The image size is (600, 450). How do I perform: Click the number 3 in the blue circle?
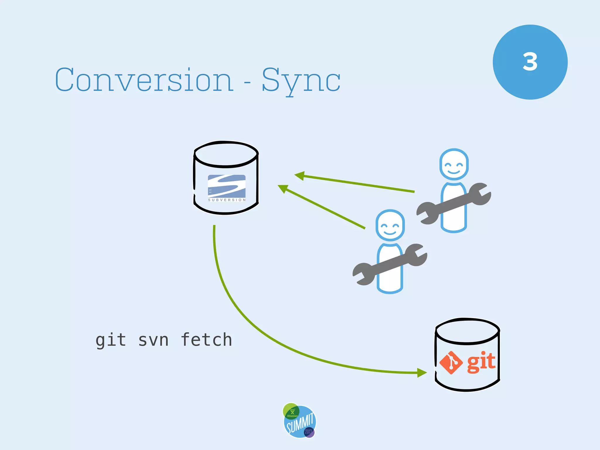pyautogui.click(x=530, y=62)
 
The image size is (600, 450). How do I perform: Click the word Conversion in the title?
pyautogui.click(x=144, y=80)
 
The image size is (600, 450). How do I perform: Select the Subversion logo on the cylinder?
pyautogui.click(x=226, y=187)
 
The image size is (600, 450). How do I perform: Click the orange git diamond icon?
pyautogui.click(x=451, y=363)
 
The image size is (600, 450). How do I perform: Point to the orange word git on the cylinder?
pyautogui.click(x=481, y=362)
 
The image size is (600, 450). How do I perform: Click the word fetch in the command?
pyautogui.click(x=206, y=340)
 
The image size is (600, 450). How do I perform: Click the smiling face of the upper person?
pyautogui.click(x=454, y=165)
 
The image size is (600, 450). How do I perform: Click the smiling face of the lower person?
pyautogui.click(x=390, y=226)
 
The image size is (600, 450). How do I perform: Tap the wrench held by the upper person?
pyautogui.click(x=454, y=204)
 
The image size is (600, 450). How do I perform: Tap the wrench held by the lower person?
pyautogui.click(x=390, y=265)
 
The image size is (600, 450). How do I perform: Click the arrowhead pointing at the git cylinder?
pyautogui.click(x=422, y=373)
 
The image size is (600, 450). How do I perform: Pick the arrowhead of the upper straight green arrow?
pyautogui.click(x=300, y=176)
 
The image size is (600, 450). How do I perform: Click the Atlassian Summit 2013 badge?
pyautogui.click(x=299, y=421)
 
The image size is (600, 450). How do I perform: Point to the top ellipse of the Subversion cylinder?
pyautogui.click(x=226, y=154)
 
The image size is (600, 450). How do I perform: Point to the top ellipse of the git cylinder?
pyautogui.click(x=467, y=331)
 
